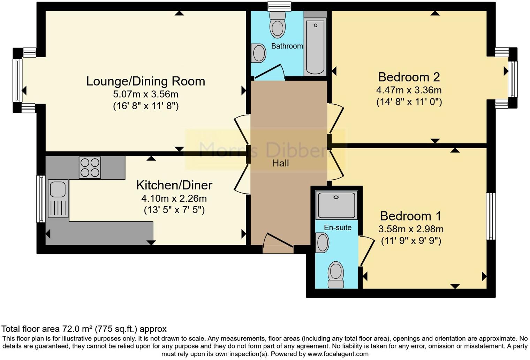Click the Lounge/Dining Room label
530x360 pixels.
point(145,81)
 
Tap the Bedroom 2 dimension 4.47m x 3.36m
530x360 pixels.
point(409,90)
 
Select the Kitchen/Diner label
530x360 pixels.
point(174,185)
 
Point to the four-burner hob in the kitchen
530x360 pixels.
point(90,167)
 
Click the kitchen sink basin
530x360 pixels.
point(58,189)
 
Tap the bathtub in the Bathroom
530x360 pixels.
point(315,47)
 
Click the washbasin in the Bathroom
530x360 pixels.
point(259,53)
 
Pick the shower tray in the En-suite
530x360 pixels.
point(336,205)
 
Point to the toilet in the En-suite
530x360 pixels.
point(336,274)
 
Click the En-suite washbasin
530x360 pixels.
point(322,243)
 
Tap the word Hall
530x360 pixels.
point(280,163)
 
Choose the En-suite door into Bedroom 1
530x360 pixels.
point(366,251)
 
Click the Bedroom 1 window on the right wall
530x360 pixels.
point(491,216)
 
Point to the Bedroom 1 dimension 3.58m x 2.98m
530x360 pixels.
point(411,229)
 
